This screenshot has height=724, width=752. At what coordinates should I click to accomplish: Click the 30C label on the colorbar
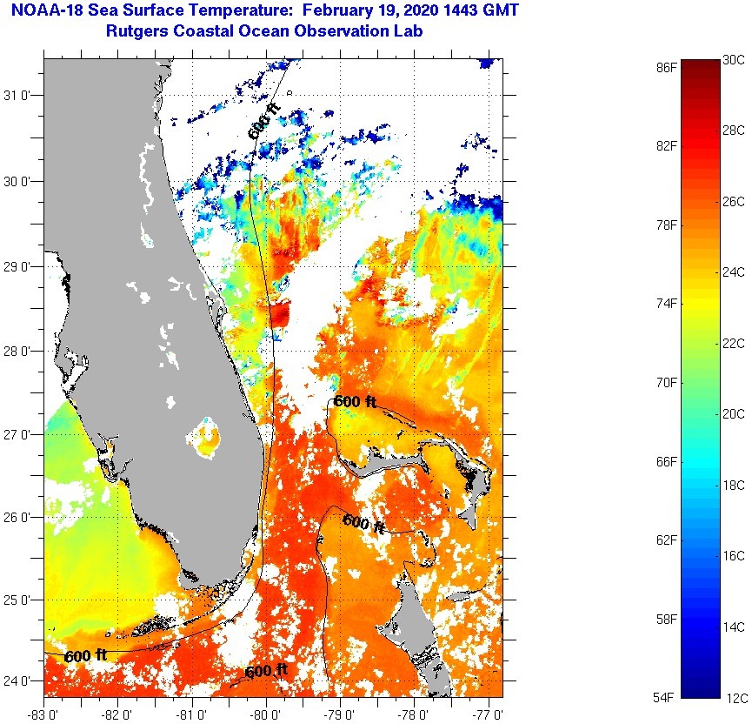[x=734, y=59]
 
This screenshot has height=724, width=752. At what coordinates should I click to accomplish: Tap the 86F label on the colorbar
[x=668, y=66]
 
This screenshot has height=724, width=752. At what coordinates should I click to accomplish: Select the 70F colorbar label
[x=668, y=382]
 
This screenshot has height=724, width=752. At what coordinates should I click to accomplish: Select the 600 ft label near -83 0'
[x=85, y=655]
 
